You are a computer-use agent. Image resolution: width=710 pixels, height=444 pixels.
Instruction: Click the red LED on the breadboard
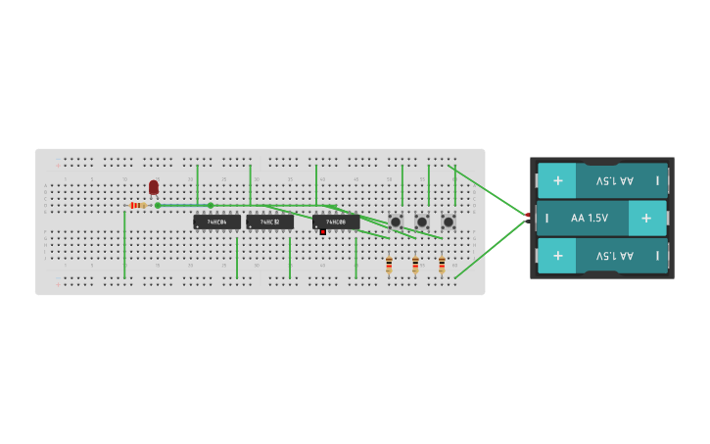[154, 186]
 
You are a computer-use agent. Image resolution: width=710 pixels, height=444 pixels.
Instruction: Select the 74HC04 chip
[216, 222]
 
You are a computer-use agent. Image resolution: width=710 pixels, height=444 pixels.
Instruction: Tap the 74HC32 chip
[269, 222]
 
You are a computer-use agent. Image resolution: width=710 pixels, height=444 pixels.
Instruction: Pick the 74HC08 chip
[336, 222]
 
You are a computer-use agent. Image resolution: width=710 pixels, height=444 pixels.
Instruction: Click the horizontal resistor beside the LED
[138, 206]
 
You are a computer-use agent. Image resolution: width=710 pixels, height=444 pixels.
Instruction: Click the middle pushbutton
[422, 222]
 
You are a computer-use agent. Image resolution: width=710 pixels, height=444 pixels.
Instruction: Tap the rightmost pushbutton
[449, 222]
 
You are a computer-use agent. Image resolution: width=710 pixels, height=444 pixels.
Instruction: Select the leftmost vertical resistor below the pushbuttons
[389, 264]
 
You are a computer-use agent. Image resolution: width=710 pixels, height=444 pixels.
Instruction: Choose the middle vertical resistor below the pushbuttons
[415, 264]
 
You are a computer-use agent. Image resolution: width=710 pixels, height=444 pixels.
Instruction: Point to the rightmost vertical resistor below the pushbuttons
[442, 264]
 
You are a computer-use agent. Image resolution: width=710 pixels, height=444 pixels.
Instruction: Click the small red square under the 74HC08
[322, 232]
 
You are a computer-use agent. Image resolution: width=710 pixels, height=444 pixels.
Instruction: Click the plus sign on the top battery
[557, 180]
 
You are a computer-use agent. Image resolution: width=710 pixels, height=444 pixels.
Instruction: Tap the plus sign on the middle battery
[646, 218]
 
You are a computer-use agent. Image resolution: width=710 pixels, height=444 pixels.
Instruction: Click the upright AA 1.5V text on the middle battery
[590, 218]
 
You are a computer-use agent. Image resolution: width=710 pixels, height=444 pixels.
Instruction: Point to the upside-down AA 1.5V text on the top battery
[615, 180]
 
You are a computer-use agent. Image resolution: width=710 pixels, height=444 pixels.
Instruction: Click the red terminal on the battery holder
[528, 215]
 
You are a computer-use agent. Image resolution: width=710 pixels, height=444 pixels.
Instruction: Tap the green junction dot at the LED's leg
[158, 206]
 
